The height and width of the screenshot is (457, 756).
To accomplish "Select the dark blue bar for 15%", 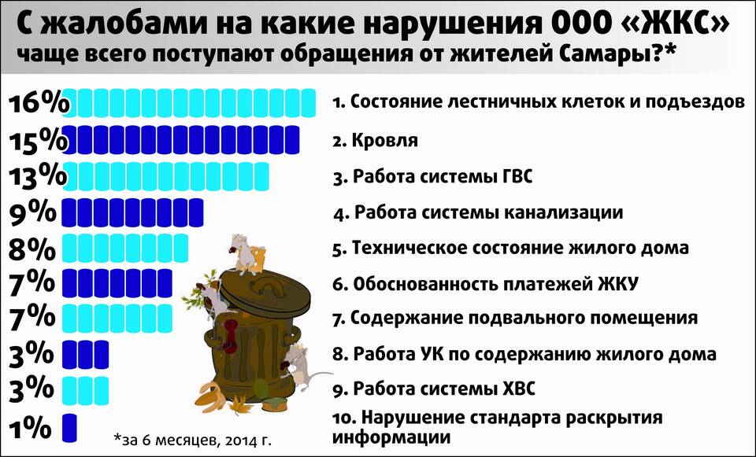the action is click(181, 140).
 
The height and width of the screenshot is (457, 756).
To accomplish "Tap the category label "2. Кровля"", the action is click(375, 141).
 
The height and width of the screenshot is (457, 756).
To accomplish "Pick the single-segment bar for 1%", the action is click(70, 428).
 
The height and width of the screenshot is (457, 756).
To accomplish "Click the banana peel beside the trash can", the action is click(212, 396).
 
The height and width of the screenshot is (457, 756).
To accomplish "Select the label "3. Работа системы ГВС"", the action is click(432, 176).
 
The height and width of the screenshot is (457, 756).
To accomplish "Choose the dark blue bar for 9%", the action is click(132, 212).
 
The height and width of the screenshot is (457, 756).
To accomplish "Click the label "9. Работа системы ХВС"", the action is click(433, 388).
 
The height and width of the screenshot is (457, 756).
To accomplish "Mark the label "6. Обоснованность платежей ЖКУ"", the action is click(485, 284).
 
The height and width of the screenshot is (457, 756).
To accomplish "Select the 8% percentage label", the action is click(31, 249).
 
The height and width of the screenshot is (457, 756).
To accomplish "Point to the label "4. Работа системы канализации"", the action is click(478, 212).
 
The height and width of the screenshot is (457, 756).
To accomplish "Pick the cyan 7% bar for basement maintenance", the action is click(117, 319).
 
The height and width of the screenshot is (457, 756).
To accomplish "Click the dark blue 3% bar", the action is click(85, 355).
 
